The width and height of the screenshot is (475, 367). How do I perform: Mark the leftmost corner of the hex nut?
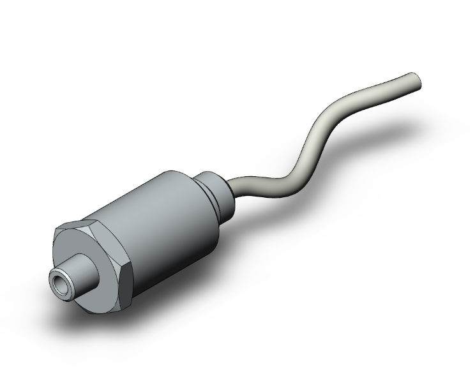[53, 243]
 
